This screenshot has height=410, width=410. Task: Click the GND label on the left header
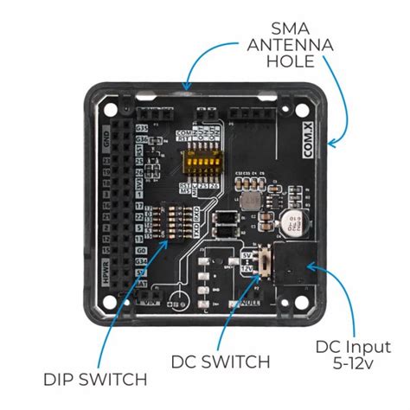[108, 139]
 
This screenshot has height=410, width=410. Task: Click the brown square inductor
[250, 200]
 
